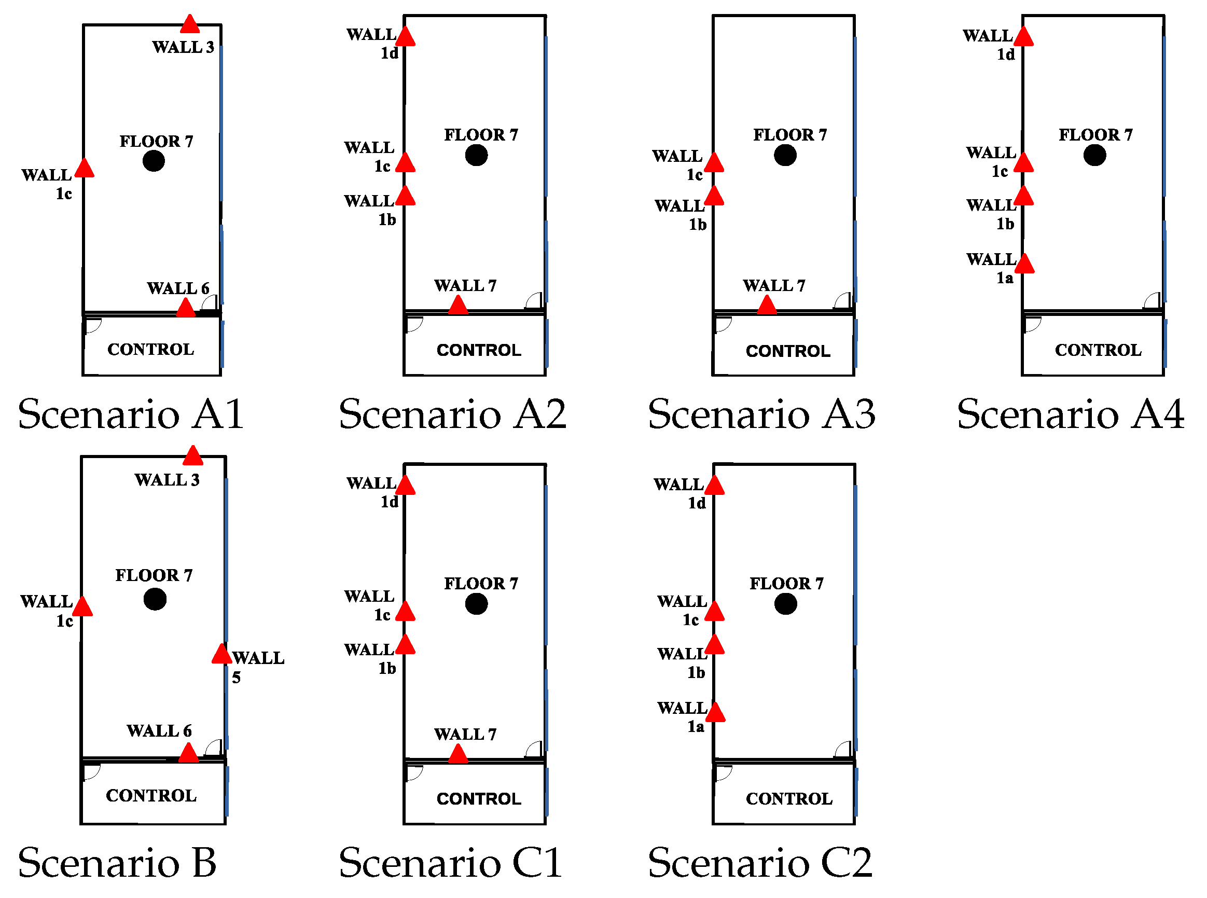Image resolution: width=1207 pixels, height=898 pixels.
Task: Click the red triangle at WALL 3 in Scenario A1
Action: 190,25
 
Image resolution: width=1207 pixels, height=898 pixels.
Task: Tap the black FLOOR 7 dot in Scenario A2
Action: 476,156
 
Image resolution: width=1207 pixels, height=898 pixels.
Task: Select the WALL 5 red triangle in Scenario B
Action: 221,655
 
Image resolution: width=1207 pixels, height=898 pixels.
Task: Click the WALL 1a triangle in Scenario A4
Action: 1024,264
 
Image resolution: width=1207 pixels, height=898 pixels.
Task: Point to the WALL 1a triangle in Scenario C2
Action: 715,713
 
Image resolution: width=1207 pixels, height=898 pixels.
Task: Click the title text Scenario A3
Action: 761,414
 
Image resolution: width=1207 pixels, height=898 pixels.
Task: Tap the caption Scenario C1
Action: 450,863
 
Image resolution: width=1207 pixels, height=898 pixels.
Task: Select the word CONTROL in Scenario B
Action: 151,796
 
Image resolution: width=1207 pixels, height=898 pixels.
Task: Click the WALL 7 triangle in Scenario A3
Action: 767,306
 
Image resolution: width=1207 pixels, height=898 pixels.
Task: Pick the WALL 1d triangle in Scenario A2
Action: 406,37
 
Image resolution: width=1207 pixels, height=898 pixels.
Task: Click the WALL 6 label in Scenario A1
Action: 178,288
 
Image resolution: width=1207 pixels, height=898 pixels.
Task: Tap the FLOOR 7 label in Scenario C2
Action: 786,584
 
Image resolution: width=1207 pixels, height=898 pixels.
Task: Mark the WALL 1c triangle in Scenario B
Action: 82,607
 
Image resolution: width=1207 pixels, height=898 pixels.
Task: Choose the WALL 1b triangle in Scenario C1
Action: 406,645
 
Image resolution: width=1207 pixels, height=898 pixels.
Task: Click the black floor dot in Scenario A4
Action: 1094,156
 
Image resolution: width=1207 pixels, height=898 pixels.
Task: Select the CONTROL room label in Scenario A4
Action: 1098,350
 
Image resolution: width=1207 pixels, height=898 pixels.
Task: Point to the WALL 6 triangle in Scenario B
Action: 189,754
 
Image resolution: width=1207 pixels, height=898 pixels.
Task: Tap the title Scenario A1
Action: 130,414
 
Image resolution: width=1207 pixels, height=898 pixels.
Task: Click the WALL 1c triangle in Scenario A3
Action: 714,163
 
